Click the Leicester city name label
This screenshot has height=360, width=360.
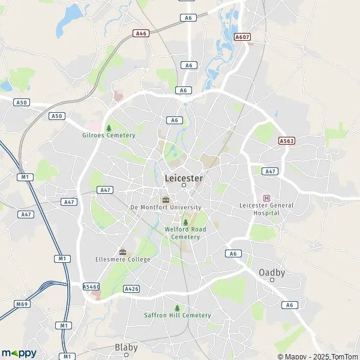coord(184,178)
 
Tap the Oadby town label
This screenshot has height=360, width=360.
coord(272,272)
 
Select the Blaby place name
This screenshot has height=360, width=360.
coord(126,347)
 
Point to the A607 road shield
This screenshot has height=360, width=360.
coord(242,37)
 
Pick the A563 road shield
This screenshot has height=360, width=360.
coord(287,140)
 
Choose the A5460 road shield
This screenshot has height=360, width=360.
coord(91,287)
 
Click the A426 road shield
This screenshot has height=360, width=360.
coord(131,289)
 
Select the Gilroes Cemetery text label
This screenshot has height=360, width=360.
coord(109,136)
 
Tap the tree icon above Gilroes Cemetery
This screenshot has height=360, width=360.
coord(109,128)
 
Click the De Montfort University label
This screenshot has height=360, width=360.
coord(165,208)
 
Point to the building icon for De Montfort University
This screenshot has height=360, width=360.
coord(166,200)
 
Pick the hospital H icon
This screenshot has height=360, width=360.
coord(267,198)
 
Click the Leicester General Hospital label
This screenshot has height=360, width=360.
coord(267,209)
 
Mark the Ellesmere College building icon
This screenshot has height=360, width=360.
coord(123,251)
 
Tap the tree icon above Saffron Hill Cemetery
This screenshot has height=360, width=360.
coord(177,308)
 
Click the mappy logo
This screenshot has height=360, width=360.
coord(19,353)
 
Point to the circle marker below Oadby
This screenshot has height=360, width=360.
coord(272,280)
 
